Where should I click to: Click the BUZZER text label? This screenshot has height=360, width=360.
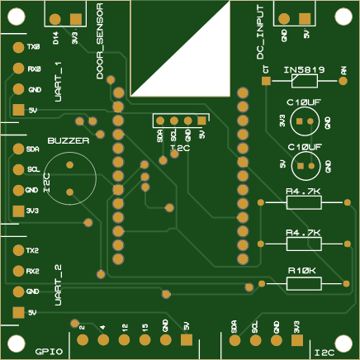(x=68, y=141)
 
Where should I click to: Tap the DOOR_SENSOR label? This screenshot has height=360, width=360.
(x=100, y=41)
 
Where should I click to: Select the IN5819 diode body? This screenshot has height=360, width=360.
(x=303, y=81)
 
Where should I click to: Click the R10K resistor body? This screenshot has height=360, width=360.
(x=303, y=283)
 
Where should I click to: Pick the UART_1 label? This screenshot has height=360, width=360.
(x=58, y=82)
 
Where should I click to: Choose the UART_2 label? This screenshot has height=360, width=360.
(x=58, y=285)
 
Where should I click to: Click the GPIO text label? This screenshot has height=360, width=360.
(x=50, y=351)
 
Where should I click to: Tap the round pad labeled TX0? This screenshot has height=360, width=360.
(x=17, y=47)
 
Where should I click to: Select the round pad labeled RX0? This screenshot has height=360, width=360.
(x=17, y=69)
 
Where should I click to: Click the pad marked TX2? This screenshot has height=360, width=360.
(x=17, y=250)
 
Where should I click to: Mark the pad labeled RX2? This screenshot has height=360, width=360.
(x=17, y=271)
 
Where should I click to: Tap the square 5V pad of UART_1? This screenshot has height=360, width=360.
(x=17, y=110)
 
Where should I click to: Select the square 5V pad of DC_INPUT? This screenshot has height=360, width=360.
(x=305, y=18)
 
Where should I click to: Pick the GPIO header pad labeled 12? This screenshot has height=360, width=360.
(x=123, y=339)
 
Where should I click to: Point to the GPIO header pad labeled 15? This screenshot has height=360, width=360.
(x=144, y=339)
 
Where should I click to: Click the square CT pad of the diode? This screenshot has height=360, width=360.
(x=265, y=81)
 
